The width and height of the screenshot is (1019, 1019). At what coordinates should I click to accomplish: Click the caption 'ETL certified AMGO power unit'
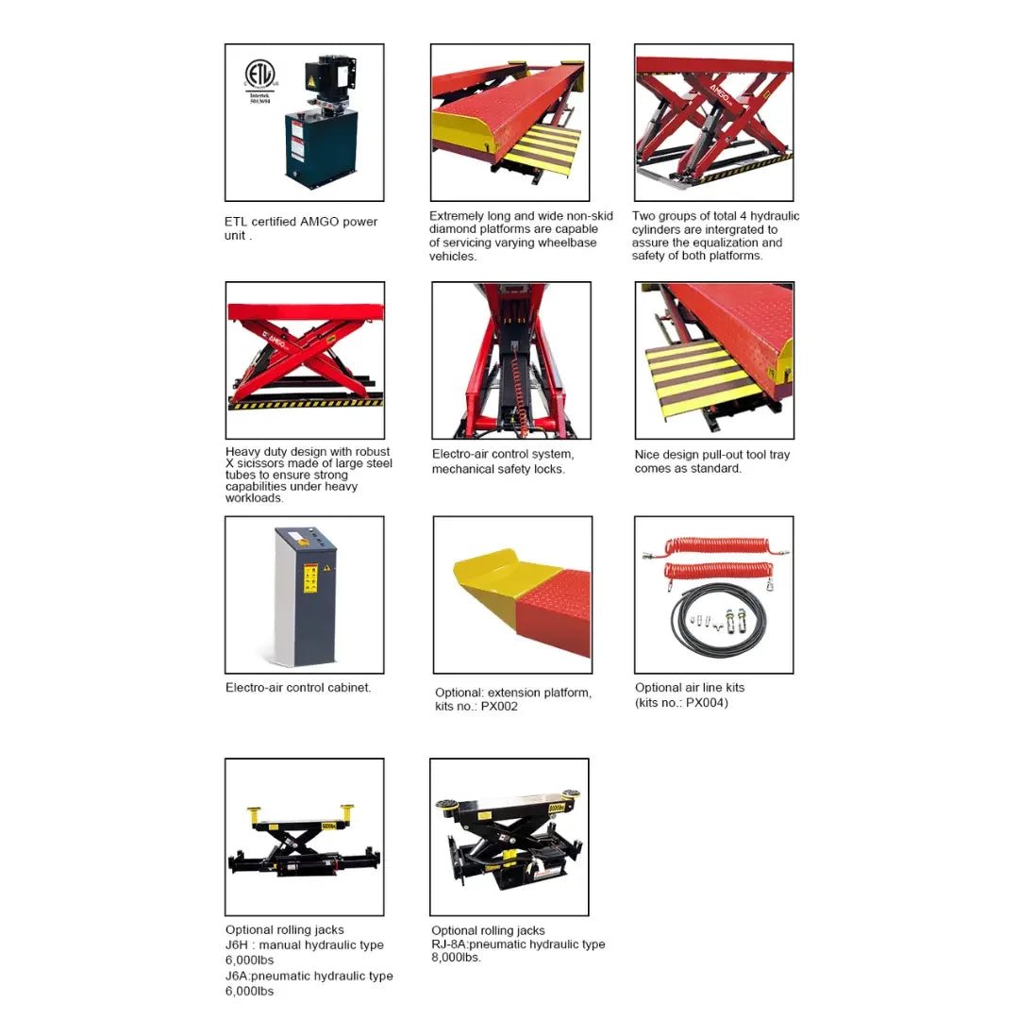click(x=301, y=228)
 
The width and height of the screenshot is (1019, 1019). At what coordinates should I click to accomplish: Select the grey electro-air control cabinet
click(x=306, y=596)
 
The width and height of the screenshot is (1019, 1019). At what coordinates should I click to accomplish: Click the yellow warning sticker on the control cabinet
click(x=311, y=577)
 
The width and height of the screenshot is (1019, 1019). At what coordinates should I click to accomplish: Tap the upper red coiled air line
click(x=717, y=547)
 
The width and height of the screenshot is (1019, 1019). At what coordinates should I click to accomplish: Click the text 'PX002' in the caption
click(x=499, y=707)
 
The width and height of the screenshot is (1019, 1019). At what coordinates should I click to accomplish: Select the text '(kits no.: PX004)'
click(x=681, y=703)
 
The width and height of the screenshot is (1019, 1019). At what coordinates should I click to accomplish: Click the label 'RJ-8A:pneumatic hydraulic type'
click(x=518, y=944)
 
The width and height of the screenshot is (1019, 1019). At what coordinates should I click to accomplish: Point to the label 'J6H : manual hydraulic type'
click(x=304, y=944)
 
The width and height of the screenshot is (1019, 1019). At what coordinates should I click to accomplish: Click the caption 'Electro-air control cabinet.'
click(x=298, y=688)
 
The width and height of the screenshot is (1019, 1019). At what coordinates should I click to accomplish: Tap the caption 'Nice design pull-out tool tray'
click(x=712, y=455)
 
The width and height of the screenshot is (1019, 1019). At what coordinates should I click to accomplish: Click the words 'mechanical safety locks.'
click(x=498, y=469)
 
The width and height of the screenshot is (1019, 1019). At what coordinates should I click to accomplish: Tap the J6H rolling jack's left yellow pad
click(x=254, y=813)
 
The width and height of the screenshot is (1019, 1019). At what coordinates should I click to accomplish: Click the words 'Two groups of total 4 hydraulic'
click(x=715, y=216)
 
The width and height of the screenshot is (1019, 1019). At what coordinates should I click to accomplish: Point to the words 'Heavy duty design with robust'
click(x=308, y=452)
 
